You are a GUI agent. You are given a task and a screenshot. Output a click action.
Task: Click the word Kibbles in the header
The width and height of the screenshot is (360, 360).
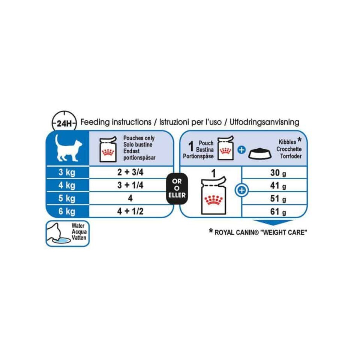(287, 143)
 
